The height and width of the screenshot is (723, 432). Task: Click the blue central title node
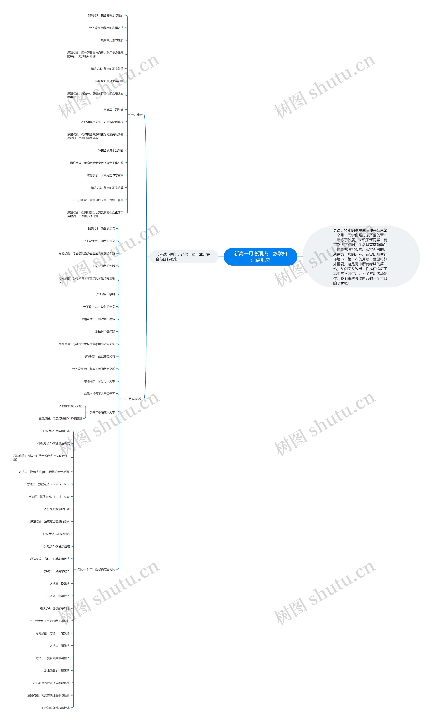coord(260,257)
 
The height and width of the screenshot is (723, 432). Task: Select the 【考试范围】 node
coord(183,257)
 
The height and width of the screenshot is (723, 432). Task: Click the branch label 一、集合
coord(137,115)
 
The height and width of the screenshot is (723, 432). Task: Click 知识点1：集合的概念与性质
coord(106,15)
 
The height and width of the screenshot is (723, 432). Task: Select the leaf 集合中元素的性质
coord(112,40)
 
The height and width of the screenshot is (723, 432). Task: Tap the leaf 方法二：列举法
coord(114,110)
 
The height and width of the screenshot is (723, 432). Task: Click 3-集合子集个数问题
coord(111,150)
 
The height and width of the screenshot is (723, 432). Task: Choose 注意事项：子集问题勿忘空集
coord(105,175)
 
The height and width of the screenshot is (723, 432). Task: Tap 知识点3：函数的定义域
coord(100,356)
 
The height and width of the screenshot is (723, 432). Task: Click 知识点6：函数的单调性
coord(55,608)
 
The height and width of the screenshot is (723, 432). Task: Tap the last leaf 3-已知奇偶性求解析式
coord(55,708)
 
